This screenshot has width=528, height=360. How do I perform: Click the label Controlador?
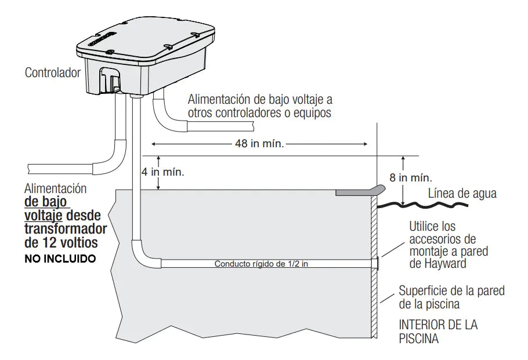point(53,72)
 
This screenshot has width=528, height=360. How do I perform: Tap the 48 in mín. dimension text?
point(259,144)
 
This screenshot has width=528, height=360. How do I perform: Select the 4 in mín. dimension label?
point(163,172)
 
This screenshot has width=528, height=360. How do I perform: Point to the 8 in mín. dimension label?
point(411,177)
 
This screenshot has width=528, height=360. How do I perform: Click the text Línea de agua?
point(462,194)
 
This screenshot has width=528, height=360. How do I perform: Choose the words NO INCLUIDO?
point(60,259)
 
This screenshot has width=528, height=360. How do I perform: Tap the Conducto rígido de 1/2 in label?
point(261,264)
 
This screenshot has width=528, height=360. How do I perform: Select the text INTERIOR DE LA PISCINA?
point(438,332)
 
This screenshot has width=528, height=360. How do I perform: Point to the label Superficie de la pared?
point(451,290)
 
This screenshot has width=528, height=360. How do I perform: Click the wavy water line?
point(422,204)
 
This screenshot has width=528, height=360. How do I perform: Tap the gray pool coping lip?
point(360,191)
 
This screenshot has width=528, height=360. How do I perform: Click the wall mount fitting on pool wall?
point(376,263)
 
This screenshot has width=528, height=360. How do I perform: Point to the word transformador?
point(66,229)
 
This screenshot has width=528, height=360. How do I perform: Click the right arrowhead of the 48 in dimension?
point(365,144)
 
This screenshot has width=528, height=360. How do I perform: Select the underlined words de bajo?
point(45,202)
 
